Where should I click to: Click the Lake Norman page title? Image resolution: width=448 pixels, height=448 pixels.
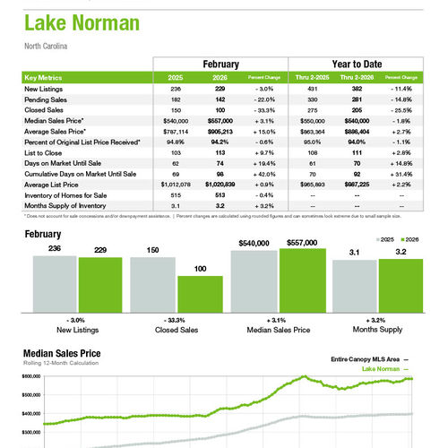(77, 22)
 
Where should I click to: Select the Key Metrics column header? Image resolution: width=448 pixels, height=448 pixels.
(48, 78)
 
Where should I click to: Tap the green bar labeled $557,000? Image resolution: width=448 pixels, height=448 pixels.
(303, 279)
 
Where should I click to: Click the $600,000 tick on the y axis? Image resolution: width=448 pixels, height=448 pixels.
(30, 377)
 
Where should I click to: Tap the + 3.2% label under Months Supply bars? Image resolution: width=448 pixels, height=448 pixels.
(376, 320)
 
